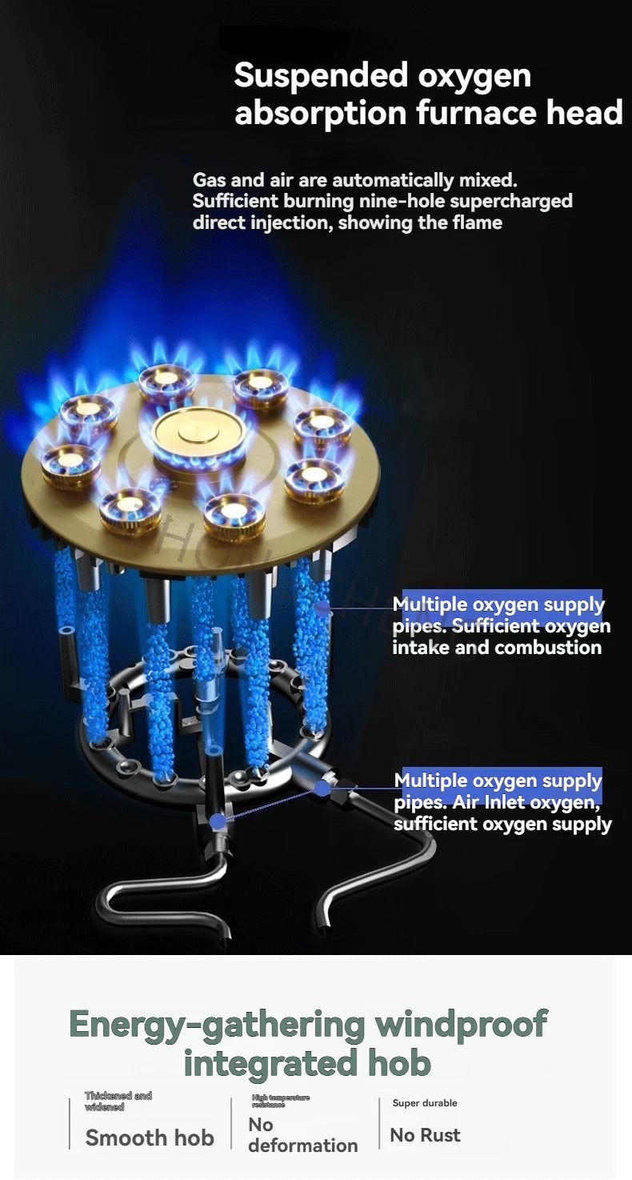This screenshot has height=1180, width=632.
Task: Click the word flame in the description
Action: pos(477,222)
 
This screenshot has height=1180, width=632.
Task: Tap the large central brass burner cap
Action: pos(190,432)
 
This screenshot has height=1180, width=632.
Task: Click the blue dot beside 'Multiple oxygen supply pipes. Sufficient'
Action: pos(322,609)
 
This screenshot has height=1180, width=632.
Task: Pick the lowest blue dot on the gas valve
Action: pos(217,821)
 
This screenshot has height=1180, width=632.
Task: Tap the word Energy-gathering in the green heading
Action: pos(216,1024)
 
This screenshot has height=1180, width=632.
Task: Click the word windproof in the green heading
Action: pos(462,1024)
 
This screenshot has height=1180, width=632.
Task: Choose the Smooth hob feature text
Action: pos(150,1138)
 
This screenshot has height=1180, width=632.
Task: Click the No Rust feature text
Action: pos(425,1135)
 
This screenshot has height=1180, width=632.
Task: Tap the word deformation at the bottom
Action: pos(302,1146)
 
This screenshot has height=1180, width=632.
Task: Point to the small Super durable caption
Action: pos(425,1103)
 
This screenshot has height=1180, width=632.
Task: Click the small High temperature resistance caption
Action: pos(280,1101)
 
